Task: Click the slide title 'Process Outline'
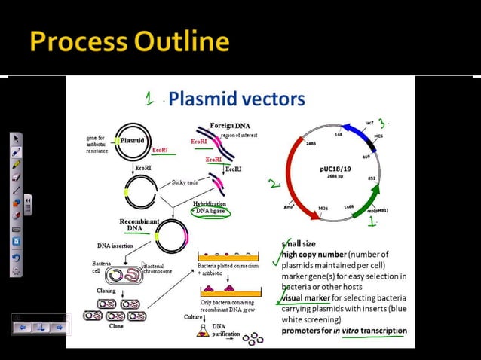[130, 41]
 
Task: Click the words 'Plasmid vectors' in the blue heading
[236, 99]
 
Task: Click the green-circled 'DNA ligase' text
[211, 212]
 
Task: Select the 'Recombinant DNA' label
[139, 224]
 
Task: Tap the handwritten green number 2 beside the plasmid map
[273, 183]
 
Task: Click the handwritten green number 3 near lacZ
[383, 123]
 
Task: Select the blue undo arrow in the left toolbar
[16, 257]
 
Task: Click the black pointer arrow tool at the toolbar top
[16, 139]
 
